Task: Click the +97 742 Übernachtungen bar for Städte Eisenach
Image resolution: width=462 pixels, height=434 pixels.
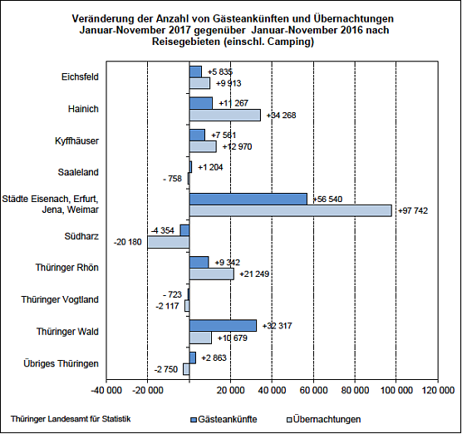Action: coord(290,211)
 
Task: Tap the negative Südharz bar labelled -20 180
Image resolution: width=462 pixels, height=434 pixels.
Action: coord(168,242)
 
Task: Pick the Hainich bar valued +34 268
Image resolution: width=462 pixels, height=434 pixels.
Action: coord(224,115)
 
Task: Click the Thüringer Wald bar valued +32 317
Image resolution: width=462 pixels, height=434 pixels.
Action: coord(222,325)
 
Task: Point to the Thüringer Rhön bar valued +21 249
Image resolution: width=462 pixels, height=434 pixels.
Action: coord(211,274)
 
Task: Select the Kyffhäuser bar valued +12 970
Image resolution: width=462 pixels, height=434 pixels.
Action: coord(202,146)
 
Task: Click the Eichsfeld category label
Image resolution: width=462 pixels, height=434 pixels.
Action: coord(81,77)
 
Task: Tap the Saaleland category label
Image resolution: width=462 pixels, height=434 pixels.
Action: coord(81,173)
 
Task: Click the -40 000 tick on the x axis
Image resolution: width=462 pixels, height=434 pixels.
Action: coord(106,388)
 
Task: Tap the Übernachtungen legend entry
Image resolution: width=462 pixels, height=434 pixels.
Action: coord(325,419)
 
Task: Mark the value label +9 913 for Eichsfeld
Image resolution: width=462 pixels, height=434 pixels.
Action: coord(229,84)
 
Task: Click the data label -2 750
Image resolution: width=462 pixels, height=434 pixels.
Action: coord(168,368)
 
